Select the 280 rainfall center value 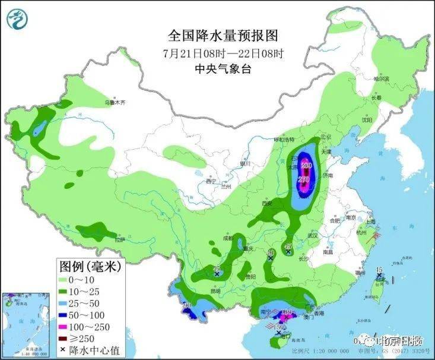coord(306,165)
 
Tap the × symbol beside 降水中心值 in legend coord(63,349)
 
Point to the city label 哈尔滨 coord(381,78)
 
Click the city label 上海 coord(370,220)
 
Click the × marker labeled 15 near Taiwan coord(379,276)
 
